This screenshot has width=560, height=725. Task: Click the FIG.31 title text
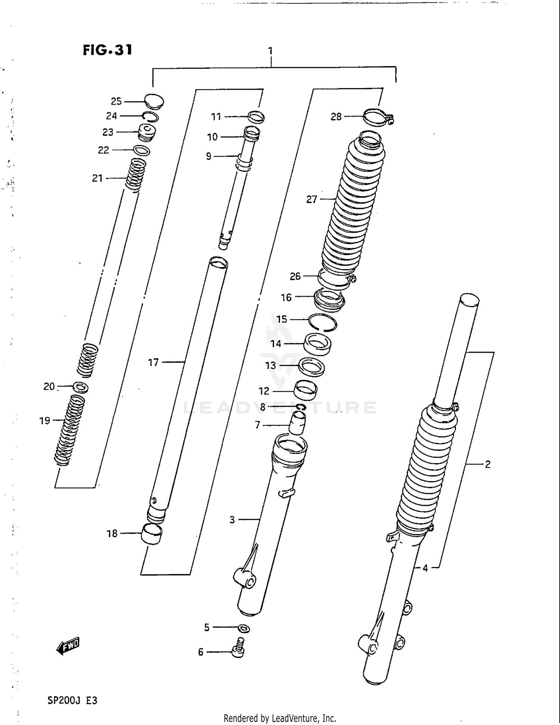pyautogui.click(x=108, y=50)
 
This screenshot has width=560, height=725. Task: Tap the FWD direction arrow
pyautogui.click(x=68, y=646)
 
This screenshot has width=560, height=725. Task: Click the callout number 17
pyautogui.click(x=153, y=362)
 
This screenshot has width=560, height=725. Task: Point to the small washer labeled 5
pyautogui.click(x=244, y=628)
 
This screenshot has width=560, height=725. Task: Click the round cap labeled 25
pyautogui.click(x=154, y=101)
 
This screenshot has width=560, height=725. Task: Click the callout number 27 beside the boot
pyautogui.click(x=312, y=199)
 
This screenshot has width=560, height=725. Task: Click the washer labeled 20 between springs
pyautogui.click(x=81, y=387)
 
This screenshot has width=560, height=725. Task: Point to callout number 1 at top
pyautogui.click(x=270, y=51)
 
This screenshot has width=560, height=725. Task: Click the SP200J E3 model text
pyautogui.click(x=72, y=700)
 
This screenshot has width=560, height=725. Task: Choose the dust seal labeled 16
pyautogui.click(x=329, y=300)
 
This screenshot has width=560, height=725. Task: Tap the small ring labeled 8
pyautogui.click(x=301, y=407)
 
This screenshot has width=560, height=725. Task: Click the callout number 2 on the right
pyautogui.click(x=488, y=464)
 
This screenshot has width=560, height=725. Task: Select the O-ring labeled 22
pyautogui.click(x=142, y=151)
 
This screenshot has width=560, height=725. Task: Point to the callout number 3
pyautogui.click(x=232, y=520)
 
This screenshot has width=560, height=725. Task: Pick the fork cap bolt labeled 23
pyautogui.click(x=147, y=132)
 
